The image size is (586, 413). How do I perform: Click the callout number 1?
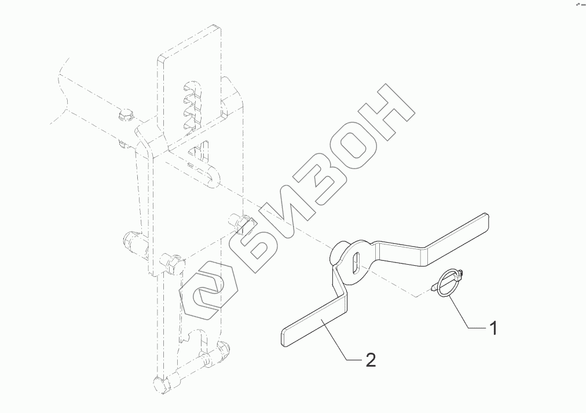pos(493,328)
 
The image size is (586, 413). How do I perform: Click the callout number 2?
pos(371,360)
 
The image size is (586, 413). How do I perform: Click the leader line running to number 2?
pos(341,342)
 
